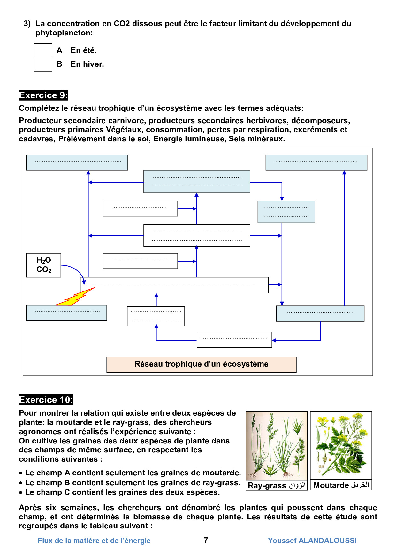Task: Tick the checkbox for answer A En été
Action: (x=43, y=50)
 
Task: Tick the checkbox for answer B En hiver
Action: (x=43, y=64)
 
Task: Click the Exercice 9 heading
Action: (x=43, y=95)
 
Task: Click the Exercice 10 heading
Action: (x=46, y=400)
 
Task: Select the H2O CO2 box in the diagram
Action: (x=44, y=265)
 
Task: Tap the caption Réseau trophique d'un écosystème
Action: (x=202, y=364)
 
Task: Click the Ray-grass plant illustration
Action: (x=277, y=445)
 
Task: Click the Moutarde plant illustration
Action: (x=341, y=445)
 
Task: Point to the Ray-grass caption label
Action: (x=277, y=485)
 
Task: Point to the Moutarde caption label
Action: (x=341, y=485)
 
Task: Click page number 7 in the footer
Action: (x=206, y=540)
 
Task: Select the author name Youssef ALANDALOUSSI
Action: (x=312, y=541)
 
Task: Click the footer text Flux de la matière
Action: (x=94, y=541)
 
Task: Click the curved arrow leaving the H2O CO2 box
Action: (x=77, y=270)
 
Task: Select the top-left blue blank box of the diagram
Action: (x=77, y=163)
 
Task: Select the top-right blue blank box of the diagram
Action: (x=316, y=163)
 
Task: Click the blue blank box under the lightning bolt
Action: (x=66, y=313)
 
